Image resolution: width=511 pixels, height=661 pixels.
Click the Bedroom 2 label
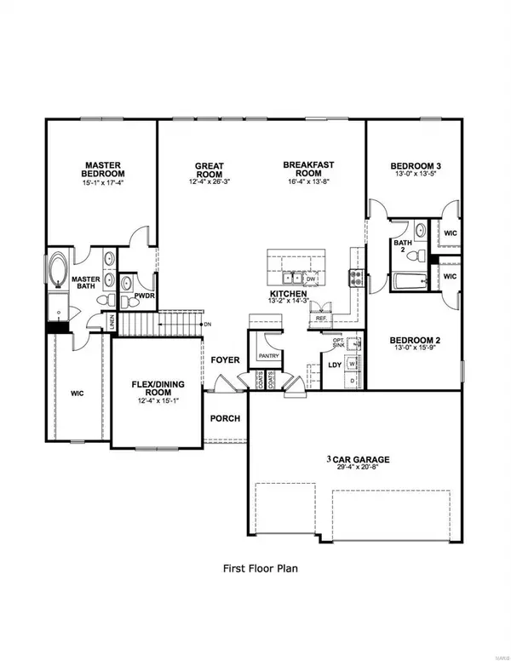(414, 339)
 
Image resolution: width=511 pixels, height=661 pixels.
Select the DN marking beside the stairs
(206, 325)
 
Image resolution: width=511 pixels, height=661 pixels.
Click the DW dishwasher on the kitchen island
(311, 278)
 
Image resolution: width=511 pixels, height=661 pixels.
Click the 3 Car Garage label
(356, 459)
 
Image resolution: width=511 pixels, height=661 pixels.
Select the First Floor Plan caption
(255, 566)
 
